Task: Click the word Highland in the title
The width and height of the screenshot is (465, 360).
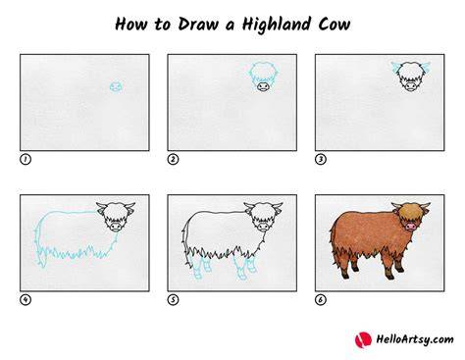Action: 277,25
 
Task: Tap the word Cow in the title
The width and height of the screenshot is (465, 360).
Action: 335,25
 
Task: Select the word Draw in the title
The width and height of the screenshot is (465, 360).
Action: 198,25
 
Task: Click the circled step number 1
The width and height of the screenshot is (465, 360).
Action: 26,159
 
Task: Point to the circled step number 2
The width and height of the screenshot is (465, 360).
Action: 173,159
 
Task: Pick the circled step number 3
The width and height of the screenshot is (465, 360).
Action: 321,159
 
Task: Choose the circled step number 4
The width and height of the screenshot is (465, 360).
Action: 26,299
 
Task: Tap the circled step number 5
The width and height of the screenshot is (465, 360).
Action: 173,299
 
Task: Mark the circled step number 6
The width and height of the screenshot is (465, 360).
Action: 321,299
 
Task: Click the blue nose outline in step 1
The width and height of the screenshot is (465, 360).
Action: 116,87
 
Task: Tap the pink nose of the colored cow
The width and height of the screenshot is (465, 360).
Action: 410,227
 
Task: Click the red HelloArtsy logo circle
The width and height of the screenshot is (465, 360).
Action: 363,340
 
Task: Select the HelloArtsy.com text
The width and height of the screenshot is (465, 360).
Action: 415,339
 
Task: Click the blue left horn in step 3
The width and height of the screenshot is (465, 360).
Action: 396,68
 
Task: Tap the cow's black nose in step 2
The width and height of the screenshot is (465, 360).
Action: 263,86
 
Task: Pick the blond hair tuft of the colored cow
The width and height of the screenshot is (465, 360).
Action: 409,212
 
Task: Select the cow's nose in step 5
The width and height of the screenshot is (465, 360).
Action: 263,227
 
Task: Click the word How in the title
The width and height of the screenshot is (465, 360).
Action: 131,25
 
